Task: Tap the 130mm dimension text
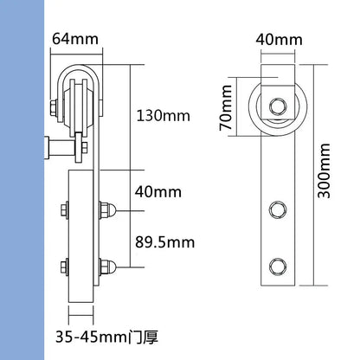click(165, 113)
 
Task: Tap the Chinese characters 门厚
click(148, 331)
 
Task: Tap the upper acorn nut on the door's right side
click(107, 209)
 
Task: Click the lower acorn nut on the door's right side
click(107, 265)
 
